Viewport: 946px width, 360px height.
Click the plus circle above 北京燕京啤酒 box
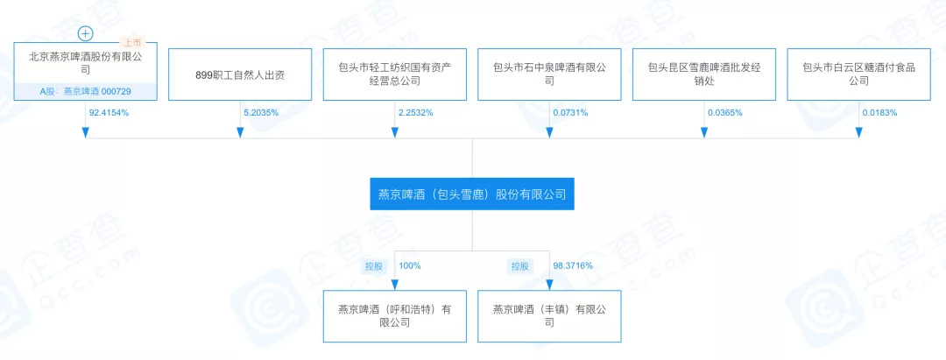[x=85, y=34]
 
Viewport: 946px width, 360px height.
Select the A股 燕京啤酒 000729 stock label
[x=85, y=90]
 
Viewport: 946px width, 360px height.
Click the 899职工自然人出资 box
[x=240, y=74]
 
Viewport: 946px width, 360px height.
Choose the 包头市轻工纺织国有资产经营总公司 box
[x=394, y=74]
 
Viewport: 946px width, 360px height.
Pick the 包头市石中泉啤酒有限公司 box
[x=549, y=74]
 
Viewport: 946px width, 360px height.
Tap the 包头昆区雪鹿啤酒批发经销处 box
[x=703, y=74]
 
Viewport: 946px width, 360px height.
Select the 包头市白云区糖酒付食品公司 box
[x=858, y=74]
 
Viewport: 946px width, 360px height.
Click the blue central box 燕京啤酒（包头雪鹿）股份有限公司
[x=472, y=194]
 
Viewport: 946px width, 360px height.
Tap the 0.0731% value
[x=572, y=113]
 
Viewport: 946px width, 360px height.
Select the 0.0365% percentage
[x=726, y=113]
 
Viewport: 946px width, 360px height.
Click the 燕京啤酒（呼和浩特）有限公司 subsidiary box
[x=394, y=315]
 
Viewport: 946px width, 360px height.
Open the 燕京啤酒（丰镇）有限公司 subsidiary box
[x=549, y=315]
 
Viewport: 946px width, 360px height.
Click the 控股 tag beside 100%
[x=374, y=265]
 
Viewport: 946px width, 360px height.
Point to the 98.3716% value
[x=573, y=265]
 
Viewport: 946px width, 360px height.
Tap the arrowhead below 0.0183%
[x=858, y=132]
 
